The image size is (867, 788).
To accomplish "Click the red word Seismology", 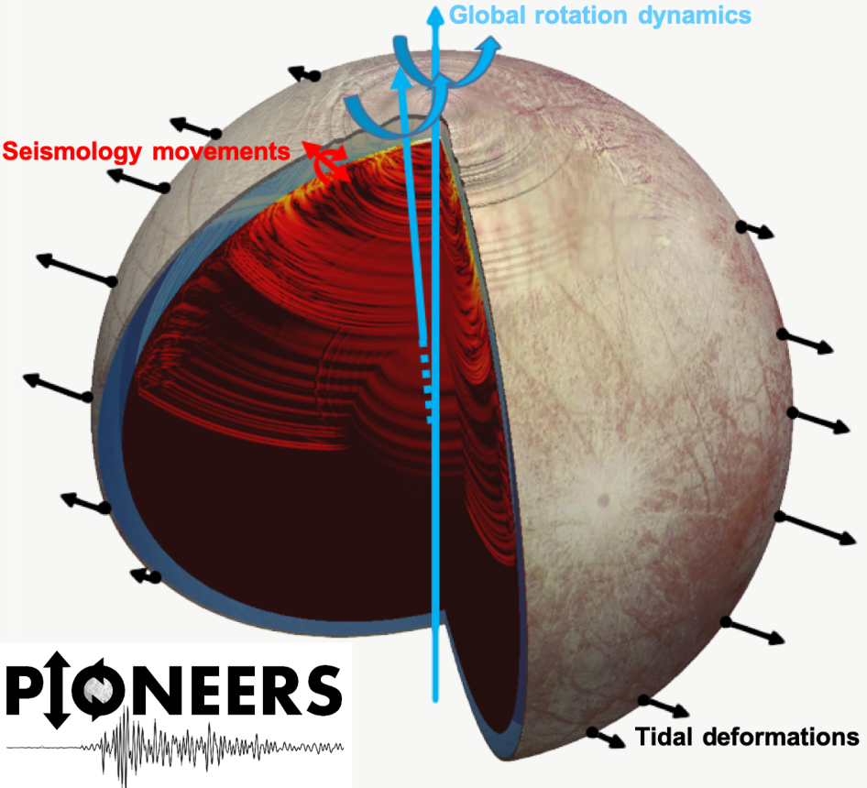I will [77, 149].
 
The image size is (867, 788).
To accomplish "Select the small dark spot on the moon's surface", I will [603, 500].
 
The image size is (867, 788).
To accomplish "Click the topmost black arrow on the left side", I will [306, 75].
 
